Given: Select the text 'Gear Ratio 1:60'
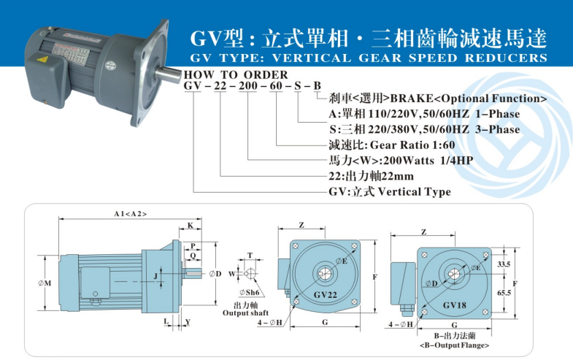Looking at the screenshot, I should [x=413, y=145].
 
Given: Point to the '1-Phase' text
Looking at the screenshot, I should [x=497, y=114].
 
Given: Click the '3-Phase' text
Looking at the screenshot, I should [x=496, y=129].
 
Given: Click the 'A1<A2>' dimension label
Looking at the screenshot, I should [x=130, y=213].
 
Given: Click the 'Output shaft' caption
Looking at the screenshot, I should [x=245, y=313].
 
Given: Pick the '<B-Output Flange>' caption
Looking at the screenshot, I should [x=453, y=345].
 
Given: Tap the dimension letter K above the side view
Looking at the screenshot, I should [x=190, y=226].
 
